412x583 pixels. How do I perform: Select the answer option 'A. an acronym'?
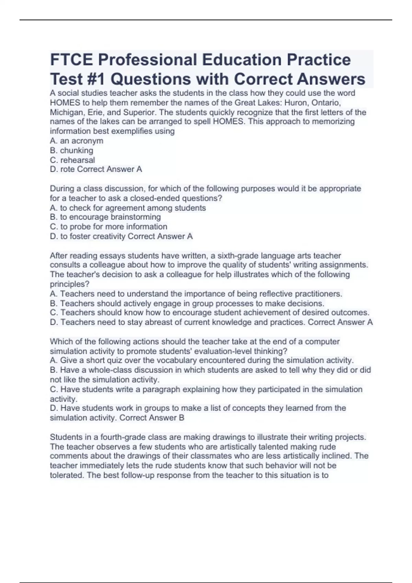click(77, 141)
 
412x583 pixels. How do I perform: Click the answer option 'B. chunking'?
click(71, 151)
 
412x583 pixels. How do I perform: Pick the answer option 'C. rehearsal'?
click(72, 160)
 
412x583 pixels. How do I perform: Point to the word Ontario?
click(325, 103)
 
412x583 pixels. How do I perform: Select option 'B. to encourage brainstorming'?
click(105, 217)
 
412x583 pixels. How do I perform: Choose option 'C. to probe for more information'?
click(108, 227)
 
